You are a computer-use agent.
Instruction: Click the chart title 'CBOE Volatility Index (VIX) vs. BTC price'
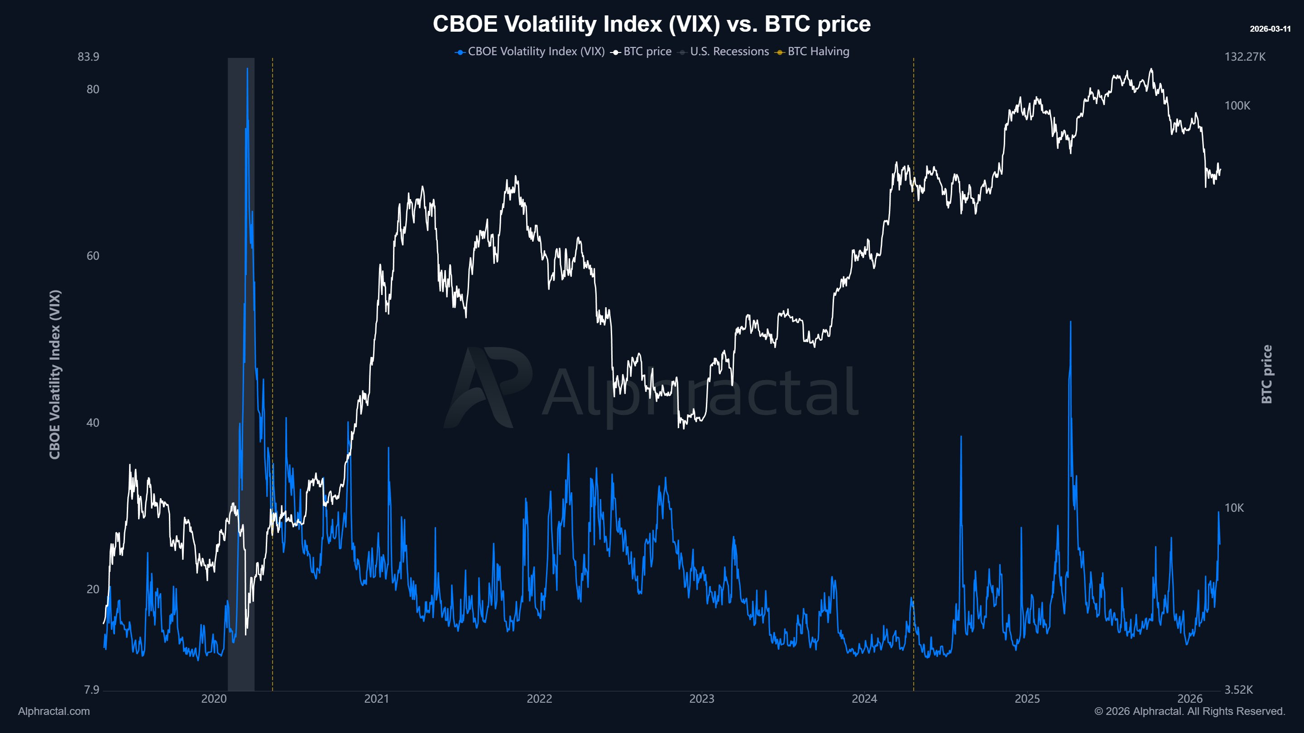click(652, 24)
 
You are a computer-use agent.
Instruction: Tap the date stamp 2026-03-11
click(1270, 29)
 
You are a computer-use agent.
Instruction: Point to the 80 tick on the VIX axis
click(93, 90)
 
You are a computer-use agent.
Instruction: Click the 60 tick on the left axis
click(93, 256)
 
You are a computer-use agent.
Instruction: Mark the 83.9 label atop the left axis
click(88, 57)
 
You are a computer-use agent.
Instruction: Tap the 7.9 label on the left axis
click(91, 690)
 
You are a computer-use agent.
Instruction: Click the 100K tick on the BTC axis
click(1237, 106)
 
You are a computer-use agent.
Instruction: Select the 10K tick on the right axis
click(1234, 508)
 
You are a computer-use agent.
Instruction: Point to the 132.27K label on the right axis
click(1245, 57)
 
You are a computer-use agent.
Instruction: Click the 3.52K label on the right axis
click(1238, 690)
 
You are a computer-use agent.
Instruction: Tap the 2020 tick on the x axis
click(214, 699)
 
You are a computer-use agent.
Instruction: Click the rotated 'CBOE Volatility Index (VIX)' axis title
click(55, 374)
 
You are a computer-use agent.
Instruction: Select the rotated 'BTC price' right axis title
click(1266, 374)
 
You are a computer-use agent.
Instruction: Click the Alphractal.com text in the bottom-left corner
click(54, 711)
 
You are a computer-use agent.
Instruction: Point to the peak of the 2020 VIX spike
click(247, 69)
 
